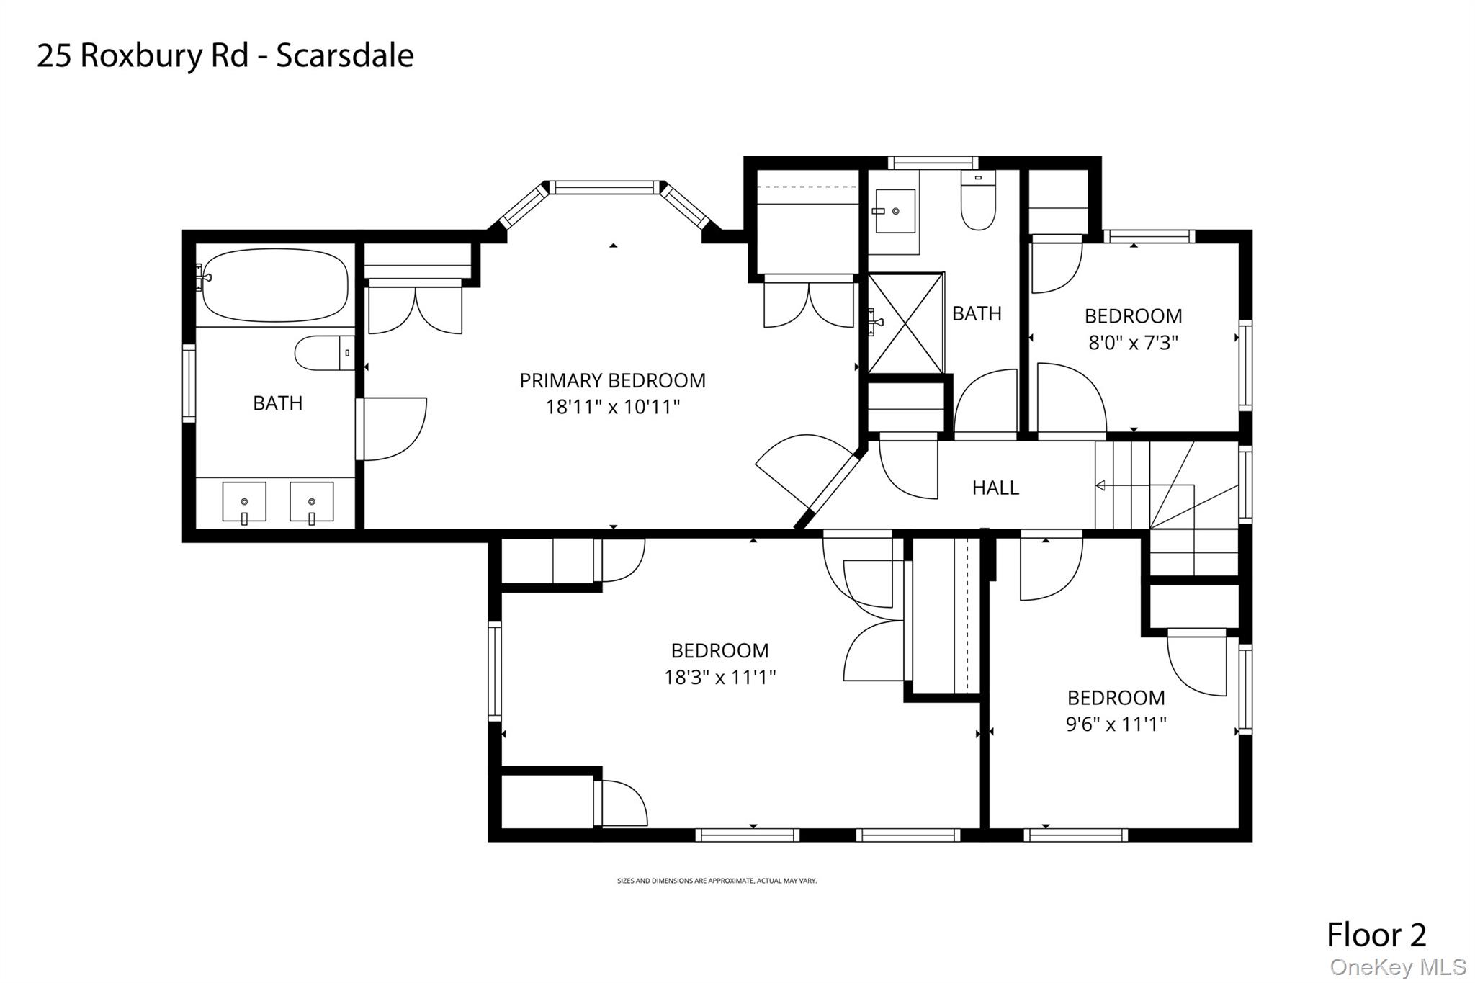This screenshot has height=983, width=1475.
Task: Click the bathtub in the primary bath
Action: tap(274, 285)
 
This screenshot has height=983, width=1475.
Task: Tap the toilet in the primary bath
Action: tap(325, 353)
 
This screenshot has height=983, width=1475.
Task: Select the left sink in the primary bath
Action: tap(244, 502)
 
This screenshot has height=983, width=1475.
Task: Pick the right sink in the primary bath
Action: tap(311, 502)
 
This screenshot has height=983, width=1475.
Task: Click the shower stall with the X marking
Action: tap(905, 323)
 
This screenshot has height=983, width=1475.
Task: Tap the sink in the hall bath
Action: tap(895, 211)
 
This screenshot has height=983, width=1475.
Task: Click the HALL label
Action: tap(995, 488)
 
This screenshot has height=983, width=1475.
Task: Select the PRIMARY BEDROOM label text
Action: tap(612, 380)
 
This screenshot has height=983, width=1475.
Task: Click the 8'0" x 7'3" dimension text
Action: tap(1133, 343)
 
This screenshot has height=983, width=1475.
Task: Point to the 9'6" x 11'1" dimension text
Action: tap(1116, 724)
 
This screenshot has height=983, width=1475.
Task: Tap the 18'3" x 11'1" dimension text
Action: tap(719, 677)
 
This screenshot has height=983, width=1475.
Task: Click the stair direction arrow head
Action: tap(1100, 486)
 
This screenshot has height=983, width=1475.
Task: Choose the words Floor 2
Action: tap(1376, 935)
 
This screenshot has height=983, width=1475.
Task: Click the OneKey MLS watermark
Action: tap(1398, 966)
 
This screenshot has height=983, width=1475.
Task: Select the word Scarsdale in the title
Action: tap(345, 55)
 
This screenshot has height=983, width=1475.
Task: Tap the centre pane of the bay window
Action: tap(604, 188)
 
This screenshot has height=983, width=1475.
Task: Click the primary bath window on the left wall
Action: tap(189, 383)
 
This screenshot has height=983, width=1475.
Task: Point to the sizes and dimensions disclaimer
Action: tap(717, 881)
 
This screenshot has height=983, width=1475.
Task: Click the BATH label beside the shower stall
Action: tap(977, 314)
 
